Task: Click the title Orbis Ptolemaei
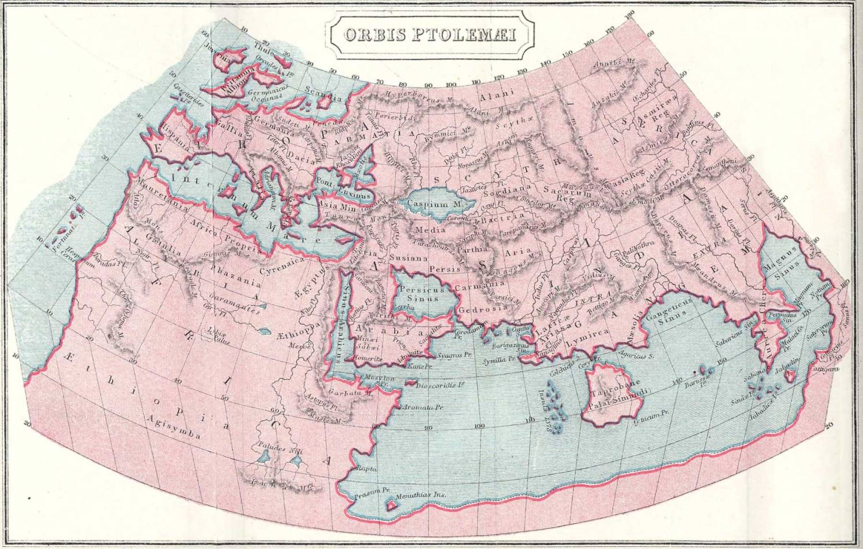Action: pos(430,35)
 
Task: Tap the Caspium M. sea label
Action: pos(436,204)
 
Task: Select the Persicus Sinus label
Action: pos(422,294)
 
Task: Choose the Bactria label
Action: pos(503,218)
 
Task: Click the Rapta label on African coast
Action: pos(367,468)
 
